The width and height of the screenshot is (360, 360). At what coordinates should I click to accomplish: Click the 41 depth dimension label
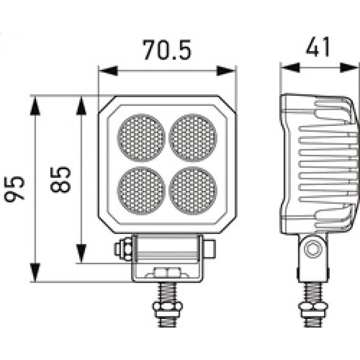[x=318, y=47]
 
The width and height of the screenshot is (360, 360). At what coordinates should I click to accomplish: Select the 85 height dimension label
[x=61, y=180]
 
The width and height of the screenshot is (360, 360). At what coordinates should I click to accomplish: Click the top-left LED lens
[x=141, y=137]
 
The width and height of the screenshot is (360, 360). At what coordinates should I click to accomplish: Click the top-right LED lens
[x=193, y=137]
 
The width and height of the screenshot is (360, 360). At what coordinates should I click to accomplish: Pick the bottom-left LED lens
[x=141, y=189]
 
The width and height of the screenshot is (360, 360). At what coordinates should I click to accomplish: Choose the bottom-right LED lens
[x=193, y=189]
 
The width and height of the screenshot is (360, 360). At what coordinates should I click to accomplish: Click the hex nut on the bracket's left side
[x=123, y=249]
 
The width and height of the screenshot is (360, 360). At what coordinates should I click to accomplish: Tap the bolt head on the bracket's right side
[x=210, y=248]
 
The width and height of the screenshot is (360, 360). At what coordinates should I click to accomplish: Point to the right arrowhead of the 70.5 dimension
[x=226, y=71]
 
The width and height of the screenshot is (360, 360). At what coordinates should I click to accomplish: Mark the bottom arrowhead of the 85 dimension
[x=81, y=254]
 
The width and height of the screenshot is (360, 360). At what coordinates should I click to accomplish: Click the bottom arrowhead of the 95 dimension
[x=35, y=273]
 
